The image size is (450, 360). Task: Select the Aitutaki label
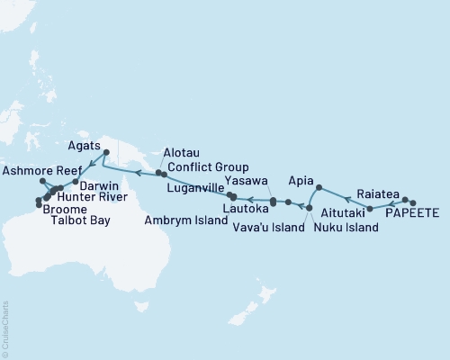pos(343,213)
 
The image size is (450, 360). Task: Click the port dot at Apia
pos(319,187)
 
